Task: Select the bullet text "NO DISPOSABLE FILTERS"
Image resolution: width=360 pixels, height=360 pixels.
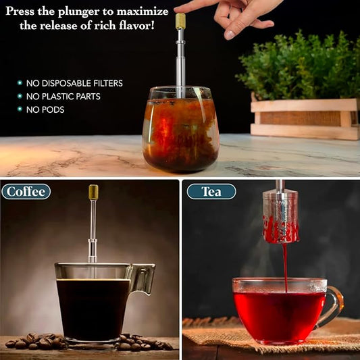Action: tap(74, 83)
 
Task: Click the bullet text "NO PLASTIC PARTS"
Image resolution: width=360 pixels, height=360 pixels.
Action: tap(63, 96)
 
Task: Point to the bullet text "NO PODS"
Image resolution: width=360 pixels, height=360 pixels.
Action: tap(45, 109)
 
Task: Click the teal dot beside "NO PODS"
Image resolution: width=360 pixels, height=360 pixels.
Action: tap(20, 109)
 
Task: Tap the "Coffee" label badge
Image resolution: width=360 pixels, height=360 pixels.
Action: tap(26, 191)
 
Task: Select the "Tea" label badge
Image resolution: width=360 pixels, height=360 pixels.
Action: tap(211, 191)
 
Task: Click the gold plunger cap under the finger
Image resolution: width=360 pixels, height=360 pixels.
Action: tap(180, 21)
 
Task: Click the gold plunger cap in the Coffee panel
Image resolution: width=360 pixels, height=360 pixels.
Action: tap(93, 192)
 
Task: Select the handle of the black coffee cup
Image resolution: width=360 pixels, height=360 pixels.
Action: tap(143, 278)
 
